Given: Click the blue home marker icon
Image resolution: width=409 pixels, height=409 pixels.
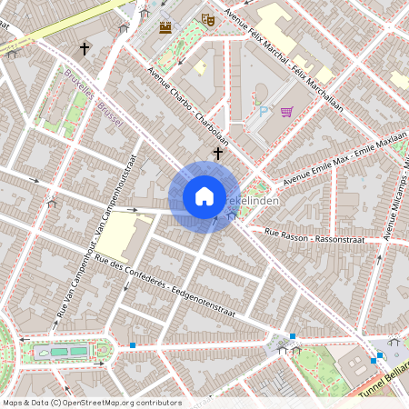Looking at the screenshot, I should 204,196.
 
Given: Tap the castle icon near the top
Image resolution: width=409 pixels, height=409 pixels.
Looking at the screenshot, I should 165,28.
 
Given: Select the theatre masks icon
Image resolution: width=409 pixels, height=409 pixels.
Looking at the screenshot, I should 207,18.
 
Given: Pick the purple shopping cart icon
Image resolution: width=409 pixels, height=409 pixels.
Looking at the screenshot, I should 287,113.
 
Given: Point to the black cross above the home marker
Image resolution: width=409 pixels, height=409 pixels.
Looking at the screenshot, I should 218,154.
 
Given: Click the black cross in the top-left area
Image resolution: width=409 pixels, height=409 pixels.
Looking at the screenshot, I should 85,48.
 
